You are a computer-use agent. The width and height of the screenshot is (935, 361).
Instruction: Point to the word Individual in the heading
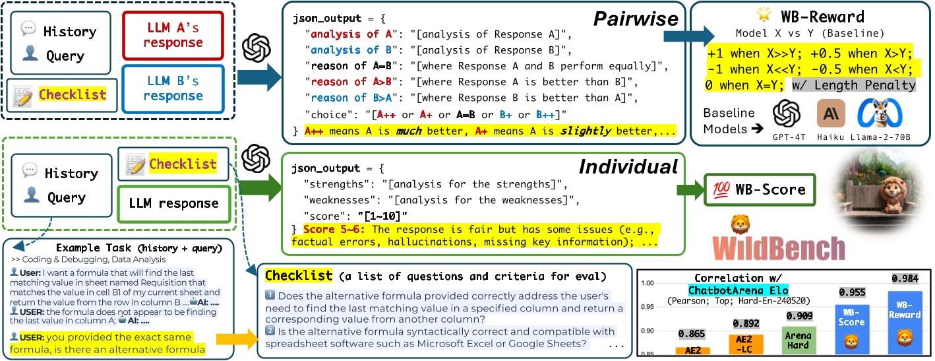[627, 168]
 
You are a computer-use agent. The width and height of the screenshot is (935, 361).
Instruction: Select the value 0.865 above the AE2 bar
[692, 334]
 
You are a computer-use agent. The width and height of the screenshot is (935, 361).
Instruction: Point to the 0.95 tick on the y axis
[648, 307]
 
